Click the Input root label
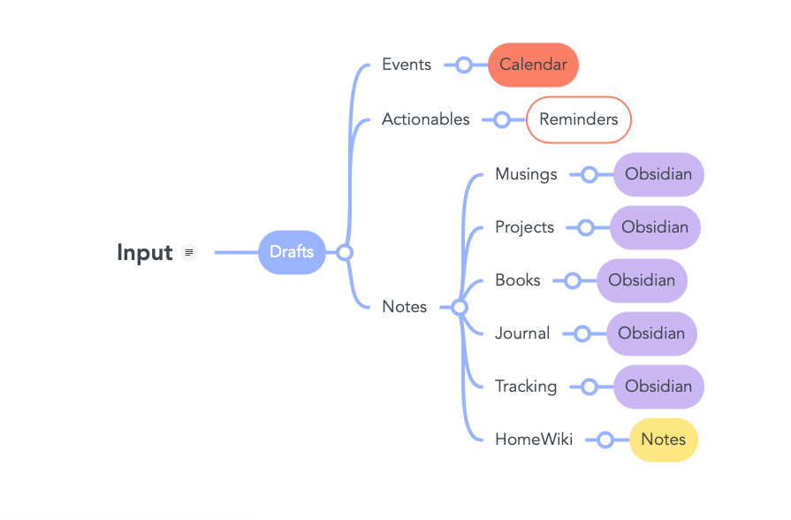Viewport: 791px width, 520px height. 144,253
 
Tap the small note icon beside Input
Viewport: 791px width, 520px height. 188,253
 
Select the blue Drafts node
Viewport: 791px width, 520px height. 292,252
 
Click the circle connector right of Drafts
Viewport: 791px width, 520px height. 345,253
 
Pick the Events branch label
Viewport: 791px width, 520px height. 407,65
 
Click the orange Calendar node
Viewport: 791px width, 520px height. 533,65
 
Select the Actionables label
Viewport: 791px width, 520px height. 425,119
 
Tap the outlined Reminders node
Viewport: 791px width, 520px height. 579,119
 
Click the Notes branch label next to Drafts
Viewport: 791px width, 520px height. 404,307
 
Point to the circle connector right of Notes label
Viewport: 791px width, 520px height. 459,307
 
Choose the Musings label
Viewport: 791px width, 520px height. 526,174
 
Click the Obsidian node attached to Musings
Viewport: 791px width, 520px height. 658,174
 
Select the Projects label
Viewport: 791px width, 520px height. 524,227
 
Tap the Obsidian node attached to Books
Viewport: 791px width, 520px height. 642,280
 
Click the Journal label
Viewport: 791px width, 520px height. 522,333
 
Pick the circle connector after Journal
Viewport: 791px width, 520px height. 582,333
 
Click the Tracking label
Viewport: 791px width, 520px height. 526,386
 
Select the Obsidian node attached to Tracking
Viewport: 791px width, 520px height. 658,386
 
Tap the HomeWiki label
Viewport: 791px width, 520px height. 534,440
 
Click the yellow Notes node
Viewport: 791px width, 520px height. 663,440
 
